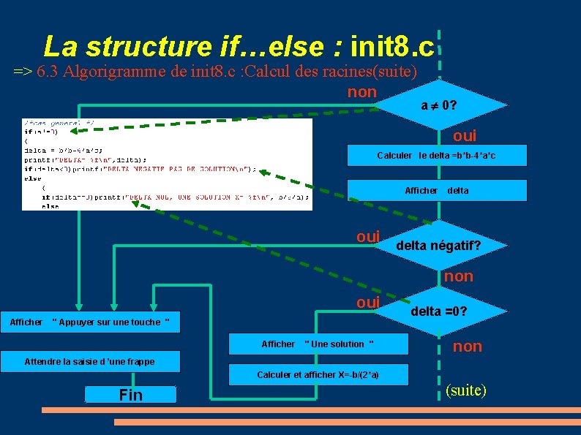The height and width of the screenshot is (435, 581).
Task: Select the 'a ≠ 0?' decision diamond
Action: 439,106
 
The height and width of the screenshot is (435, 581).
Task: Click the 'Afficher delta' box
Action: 437,190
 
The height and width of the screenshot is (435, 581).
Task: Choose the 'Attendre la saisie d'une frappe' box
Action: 89,361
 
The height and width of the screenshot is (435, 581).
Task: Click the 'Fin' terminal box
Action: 130,395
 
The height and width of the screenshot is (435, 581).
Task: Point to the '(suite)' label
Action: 465,390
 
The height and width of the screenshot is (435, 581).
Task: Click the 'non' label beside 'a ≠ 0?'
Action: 361,92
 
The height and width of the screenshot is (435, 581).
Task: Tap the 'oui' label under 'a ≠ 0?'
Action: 464,136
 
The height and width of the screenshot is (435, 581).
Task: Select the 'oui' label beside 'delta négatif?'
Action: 368,237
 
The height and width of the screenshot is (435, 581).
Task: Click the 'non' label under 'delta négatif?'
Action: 459,276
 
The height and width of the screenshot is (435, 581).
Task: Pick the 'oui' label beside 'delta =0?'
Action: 368,303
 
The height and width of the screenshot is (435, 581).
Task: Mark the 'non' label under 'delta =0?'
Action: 467,347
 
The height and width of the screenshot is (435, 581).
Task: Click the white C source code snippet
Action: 167,164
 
